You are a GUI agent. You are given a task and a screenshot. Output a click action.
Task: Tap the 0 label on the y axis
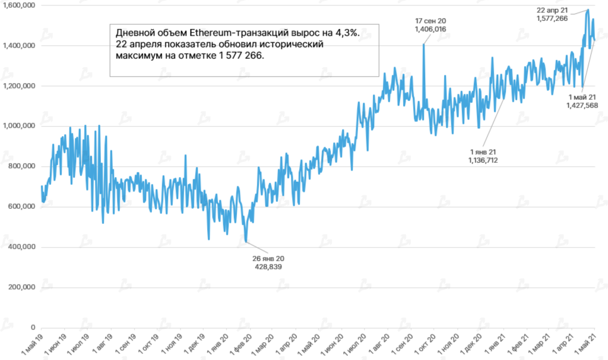33,327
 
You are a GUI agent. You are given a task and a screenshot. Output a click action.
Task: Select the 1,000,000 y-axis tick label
18,126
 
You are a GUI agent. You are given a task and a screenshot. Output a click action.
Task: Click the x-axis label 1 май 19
33,345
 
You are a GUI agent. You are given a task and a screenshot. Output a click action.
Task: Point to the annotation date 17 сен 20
431,21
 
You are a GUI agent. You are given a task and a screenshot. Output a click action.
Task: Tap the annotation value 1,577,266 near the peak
552,18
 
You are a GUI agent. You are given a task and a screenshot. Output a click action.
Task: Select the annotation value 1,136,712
483,159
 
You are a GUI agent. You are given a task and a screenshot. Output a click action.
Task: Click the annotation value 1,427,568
582,105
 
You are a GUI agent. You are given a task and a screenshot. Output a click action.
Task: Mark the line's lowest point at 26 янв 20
246,241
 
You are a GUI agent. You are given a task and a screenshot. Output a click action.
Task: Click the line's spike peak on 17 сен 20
423,44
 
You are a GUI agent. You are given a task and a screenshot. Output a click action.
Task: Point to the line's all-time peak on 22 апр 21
588,10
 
